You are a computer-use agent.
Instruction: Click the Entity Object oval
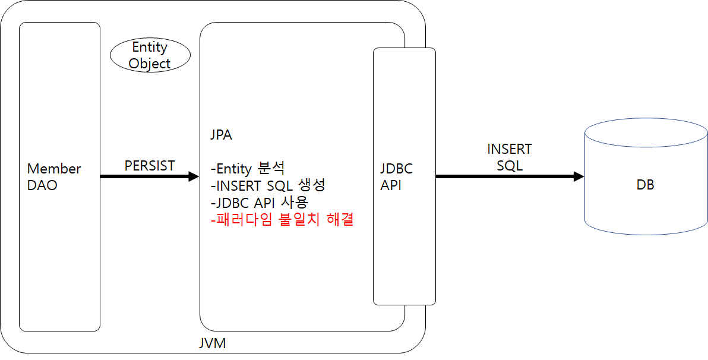click(x=150, y=55)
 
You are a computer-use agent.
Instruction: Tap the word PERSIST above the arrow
click(x=150, y=166)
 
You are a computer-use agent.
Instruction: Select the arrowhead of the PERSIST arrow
click(x=193, y=176)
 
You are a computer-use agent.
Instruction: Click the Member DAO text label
click(x=54, y=176)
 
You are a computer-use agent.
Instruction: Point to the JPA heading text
click(x=221, y=135)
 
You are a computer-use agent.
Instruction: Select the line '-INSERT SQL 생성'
click(x=268, y=185)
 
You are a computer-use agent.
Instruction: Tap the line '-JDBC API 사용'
click(x=260, y=202)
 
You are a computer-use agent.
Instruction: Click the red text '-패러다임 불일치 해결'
click(x=282, y=220)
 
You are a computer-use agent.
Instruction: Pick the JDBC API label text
click(x=396, y=176)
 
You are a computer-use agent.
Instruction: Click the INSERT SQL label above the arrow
click(x=510, y=157)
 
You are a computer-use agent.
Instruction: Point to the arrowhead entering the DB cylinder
click(x=578, y=176)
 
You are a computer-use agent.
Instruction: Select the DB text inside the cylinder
click(x=645, y=185)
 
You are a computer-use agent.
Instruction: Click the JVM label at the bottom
click(x=212, y=343)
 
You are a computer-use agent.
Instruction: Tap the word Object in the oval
click(x=150, y=64)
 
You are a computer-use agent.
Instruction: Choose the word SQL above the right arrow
click(x=510, y=166)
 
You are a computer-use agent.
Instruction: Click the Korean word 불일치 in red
click(x=301, y=220)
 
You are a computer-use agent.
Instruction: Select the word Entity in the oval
click(x=150, y=47)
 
